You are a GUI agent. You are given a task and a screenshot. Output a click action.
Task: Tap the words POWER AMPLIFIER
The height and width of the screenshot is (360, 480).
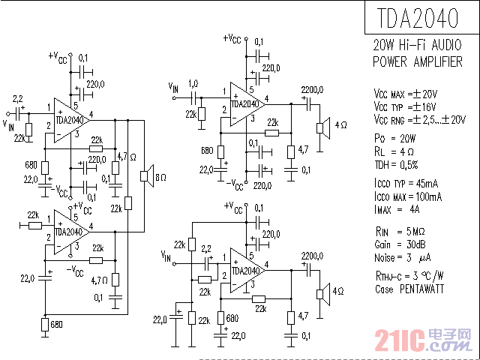(x=418, y=61)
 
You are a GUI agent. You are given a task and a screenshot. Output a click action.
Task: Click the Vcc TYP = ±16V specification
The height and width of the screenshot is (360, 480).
(x=404, y=106)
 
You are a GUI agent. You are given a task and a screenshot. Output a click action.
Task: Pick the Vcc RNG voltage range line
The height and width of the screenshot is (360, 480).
(x=418, y=119)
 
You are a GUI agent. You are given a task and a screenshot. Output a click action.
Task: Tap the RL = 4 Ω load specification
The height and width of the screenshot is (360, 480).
(x=392, y=151)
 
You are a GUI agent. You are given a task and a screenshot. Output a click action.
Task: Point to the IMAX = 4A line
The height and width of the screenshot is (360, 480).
(x=397, y=209)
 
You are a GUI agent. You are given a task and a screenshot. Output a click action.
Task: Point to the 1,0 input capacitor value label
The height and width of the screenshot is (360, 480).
(x=193, y=83)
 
